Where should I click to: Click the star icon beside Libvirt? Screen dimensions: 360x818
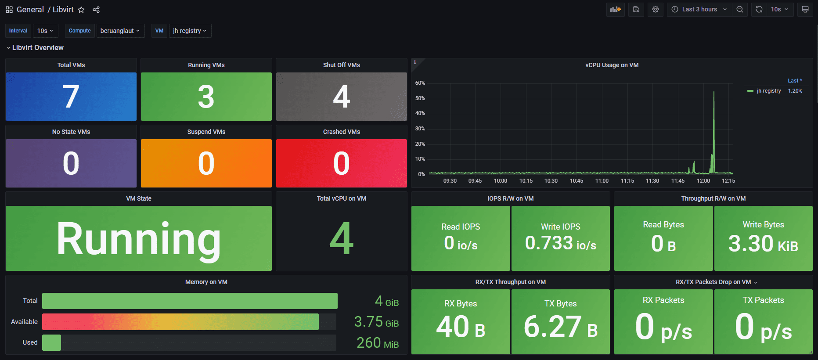click(x=81, y=10)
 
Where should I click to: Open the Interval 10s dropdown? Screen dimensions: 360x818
click(x=45, y=31)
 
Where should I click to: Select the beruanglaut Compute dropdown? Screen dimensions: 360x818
click(x=120, y=31)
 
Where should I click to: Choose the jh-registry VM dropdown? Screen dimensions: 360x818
click(x=190, y=31)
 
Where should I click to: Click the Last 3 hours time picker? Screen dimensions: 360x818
click(x=699, y=9)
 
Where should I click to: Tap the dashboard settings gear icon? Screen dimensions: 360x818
click(x=656, y=9)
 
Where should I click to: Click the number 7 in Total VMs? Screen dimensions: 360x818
click(x=71, y=97)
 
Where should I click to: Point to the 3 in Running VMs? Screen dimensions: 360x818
click(x=206, y=97)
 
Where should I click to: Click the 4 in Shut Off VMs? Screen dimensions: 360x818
click(x=341, y=97)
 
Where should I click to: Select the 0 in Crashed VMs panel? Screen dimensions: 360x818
click(x=341, y=163)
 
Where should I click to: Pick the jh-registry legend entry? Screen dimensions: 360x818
click(x=768, y=91)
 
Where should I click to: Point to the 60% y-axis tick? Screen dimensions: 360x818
click(x=420, y=83)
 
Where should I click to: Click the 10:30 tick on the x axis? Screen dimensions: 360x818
click(x=551, y=181)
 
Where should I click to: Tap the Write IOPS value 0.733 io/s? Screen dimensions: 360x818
click(x=561, y=243)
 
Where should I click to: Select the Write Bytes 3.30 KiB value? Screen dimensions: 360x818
click(x=763, y=244)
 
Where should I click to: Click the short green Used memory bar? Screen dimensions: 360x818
click(x=51, y=342)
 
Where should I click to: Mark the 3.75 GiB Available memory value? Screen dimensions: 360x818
click(x=376, y=322)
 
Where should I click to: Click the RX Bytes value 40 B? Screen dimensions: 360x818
click(x=461, y=327)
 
